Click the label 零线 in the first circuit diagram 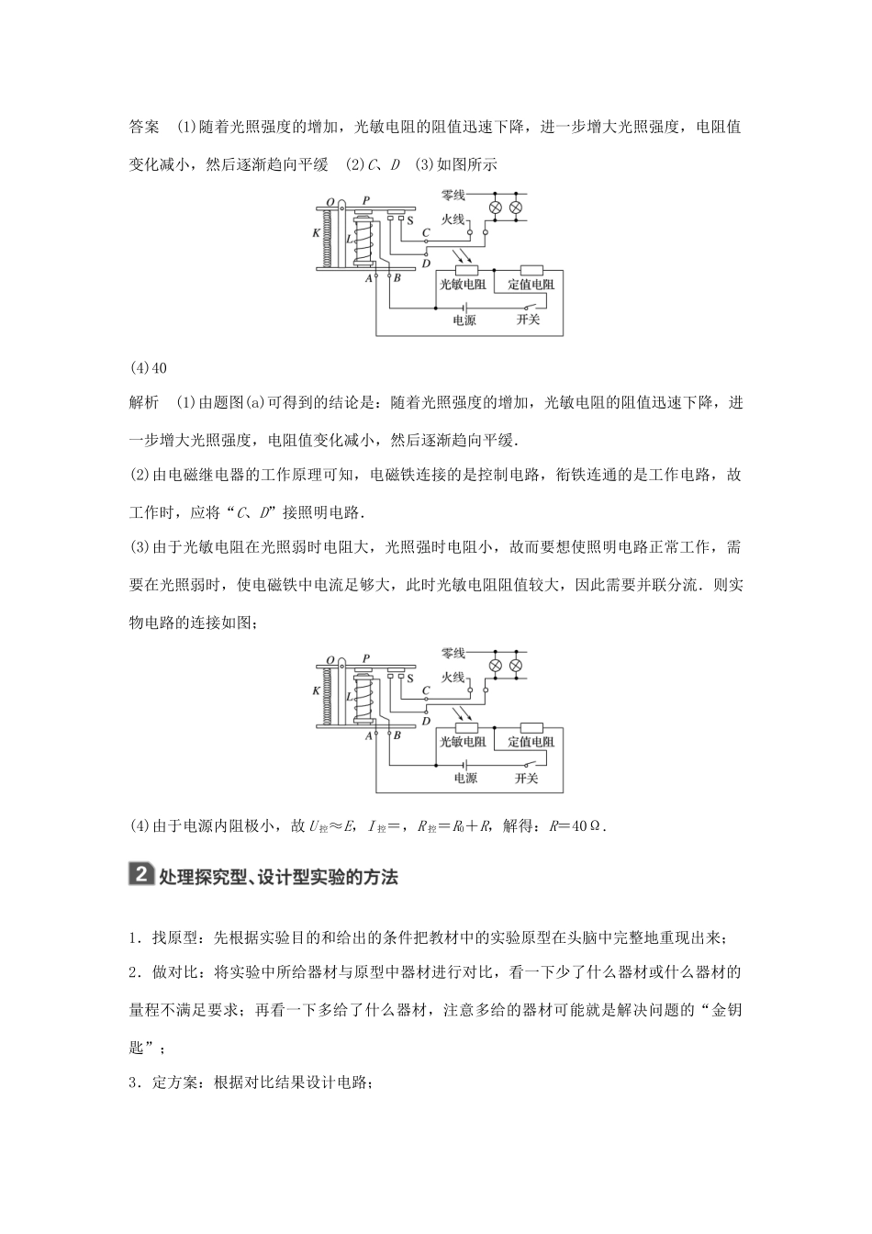click(x=454, y=196)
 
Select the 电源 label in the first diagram click(x=464, y=320)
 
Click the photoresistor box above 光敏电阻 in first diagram click(x=464, y=270)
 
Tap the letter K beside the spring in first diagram click(x=317, y=233)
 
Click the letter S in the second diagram click(x=410, y=679)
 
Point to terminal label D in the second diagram click(x=426, y=722)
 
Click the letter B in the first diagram click(x=397, y=277)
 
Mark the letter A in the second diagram click(x=369, y=735)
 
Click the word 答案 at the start click(x=144, y=126)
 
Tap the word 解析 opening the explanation click(x=144, y=402)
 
